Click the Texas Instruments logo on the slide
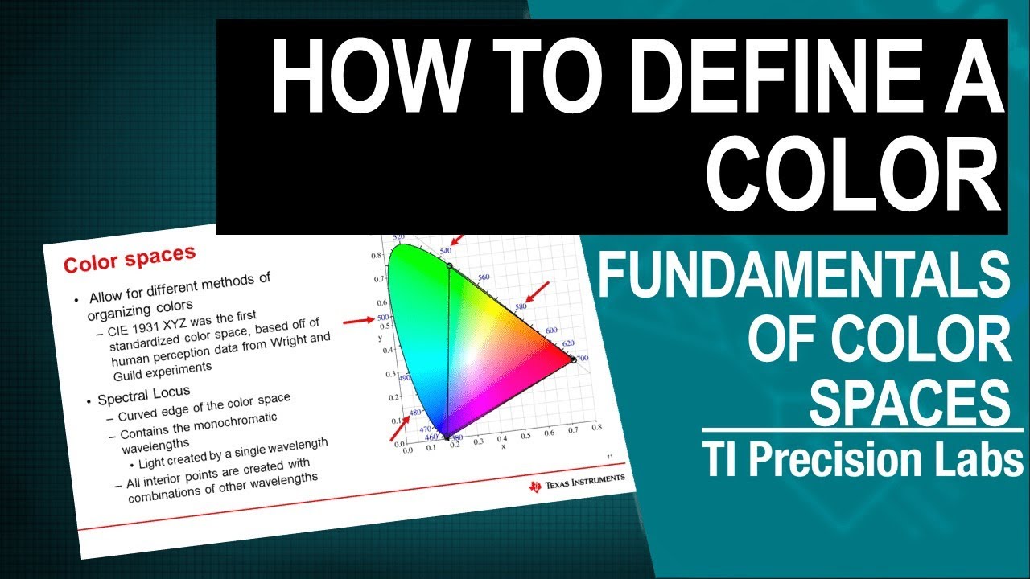click(x=576, y=481)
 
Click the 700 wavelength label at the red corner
click(x=583, y=358)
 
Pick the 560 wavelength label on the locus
click(x=484, y=277)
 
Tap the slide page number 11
click(x=608, y=457)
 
